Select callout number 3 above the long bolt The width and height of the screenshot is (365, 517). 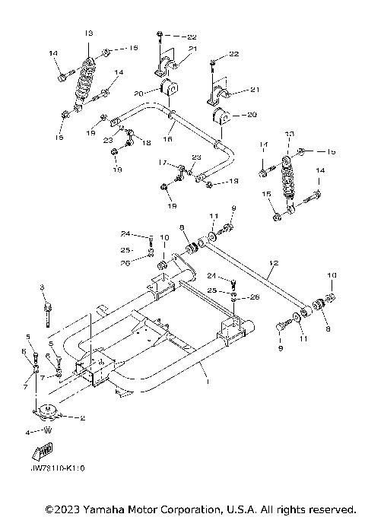tap(43, 287)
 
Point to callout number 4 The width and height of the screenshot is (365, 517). tap(28, 431)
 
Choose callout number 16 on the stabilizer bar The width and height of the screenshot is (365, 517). tap(170, 140)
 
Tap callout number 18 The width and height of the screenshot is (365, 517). tap(147, 141)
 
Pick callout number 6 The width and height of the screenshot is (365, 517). tap(23, 350)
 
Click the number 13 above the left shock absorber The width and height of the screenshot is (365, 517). tap(88, 33)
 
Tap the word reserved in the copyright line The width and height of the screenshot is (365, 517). tap(328, 508)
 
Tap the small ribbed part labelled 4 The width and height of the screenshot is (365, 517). tap(47, 431)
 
